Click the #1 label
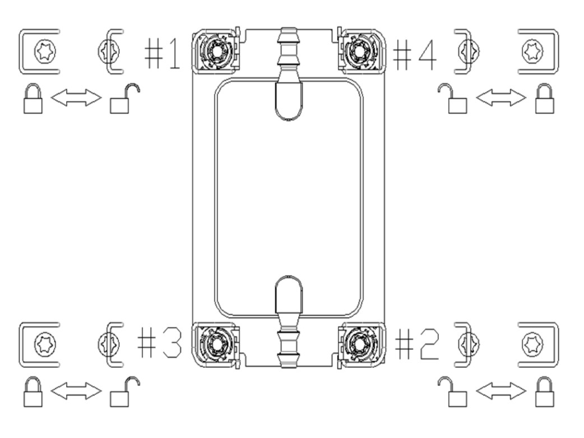coord(163,53)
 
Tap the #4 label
coord(415,54)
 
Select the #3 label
coord(160,343)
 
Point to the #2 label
coord(417,344)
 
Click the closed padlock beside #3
coord(33,392)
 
